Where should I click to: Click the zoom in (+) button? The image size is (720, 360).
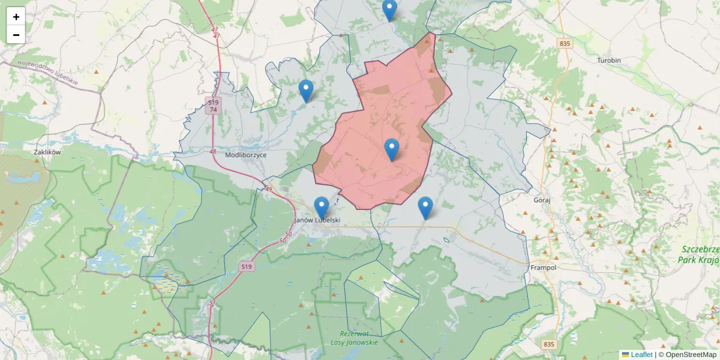pos(16,17)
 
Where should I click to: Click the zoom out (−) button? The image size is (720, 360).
pos(16,35)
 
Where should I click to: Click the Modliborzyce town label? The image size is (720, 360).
pos(245,155)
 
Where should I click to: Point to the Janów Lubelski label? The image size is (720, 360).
pos(319,220)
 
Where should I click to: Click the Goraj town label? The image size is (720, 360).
pos(542,200)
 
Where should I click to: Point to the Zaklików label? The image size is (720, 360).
pos(47,152)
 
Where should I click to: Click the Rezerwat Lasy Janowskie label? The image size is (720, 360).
pos(354,338)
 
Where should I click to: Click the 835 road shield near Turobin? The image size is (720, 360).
pos(564,44)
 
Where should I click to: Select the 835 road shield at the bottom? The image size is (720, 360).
pos(548,344)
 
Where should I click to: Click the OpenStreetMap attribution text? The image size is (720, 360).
pos(688,355)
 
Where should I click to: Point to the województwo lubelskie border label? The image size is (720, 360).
pos(47,71)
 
